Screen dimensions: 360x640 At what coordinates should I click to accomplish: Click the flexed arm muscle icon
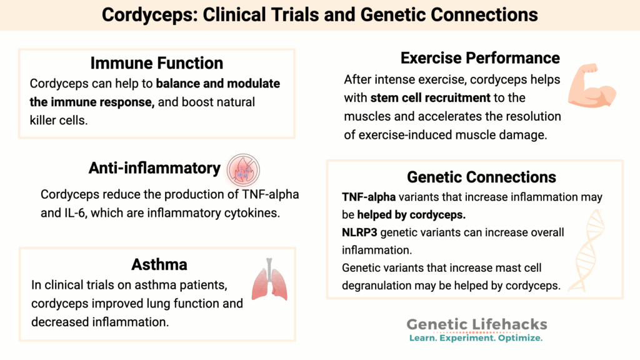point(591,87)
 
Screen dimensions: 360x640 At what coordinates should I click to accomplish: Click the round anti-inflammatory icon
point(244,169)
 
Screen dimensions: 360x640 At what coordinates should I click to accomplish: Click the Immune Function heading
point(157,63)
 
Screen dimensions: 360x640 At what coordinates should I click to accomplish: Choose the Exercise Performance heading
point(480,58)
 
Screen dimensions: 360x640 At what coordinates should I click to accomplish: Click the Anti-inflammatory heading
point(154,168)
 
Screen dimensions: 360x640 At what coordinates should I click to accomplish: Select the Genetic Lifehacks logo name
point(477,324)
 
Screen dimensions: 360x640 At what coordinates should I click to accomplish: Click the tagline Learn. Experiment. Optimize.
point(476,338)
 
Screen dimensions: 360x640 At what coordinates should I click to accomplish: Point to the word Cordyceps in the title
point(146,14)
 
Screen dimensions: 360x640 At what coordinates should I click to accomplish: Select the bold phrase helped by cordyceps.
point(411,214)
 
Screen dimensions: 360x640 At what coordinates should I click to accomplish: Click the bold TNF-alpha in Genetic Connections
point(361,197)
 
